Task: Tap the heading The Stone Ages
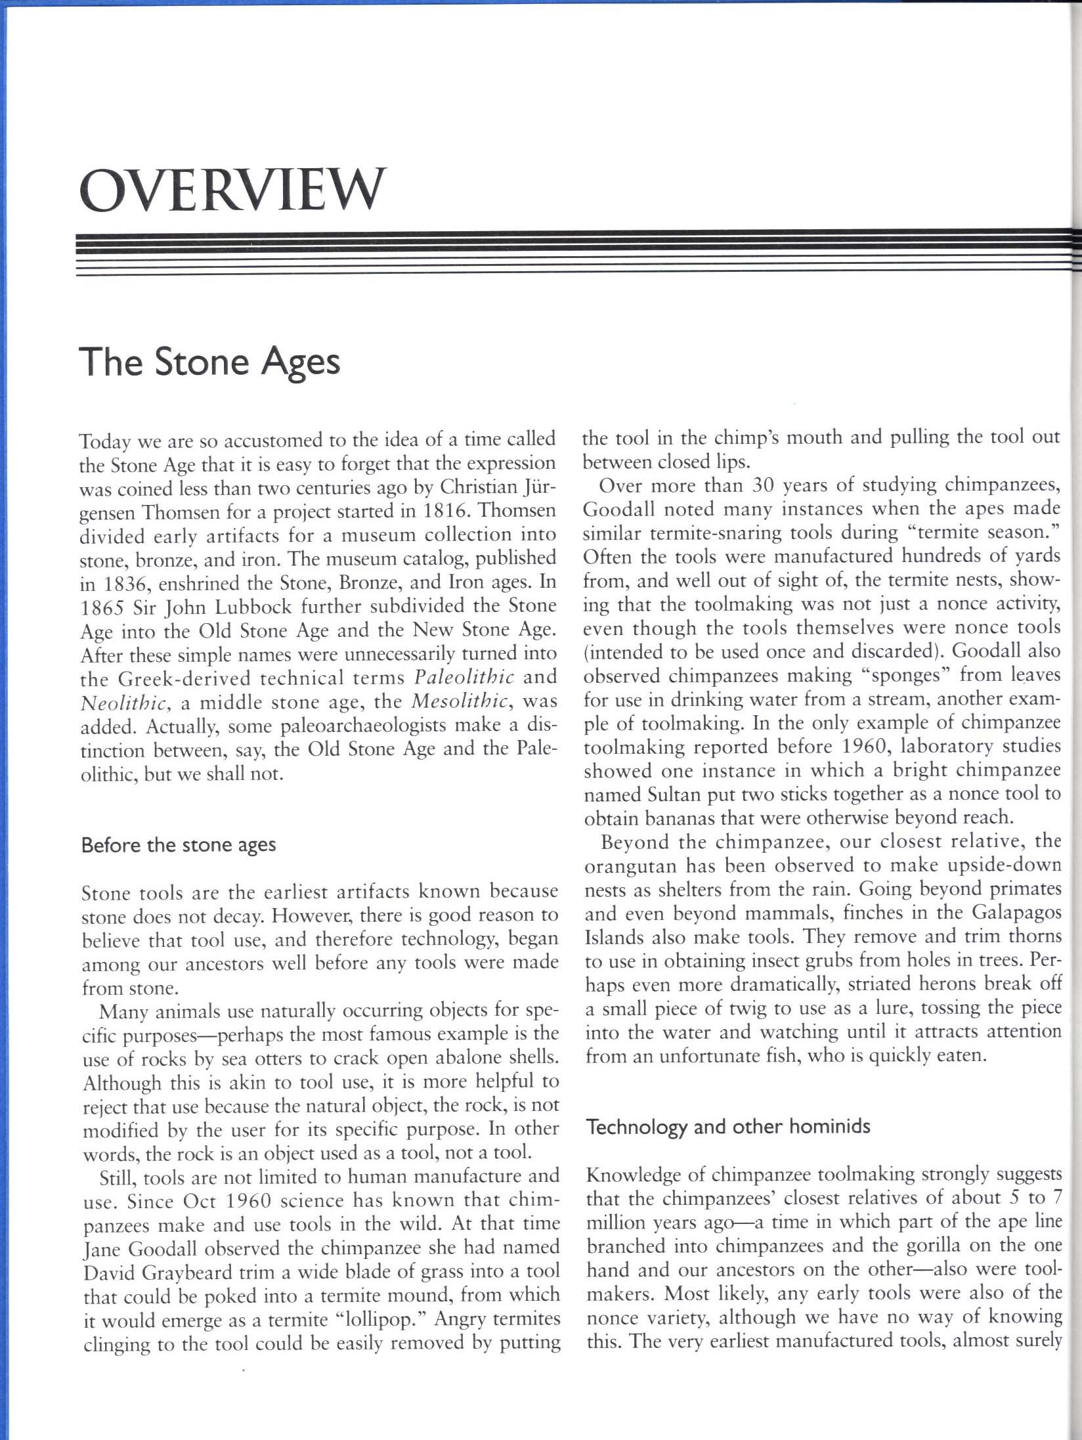click(x=209, y=362)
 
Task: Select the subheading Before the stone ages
click(x=178, y=844)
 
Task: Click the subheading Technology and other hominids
click(x=727, y=1127)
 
